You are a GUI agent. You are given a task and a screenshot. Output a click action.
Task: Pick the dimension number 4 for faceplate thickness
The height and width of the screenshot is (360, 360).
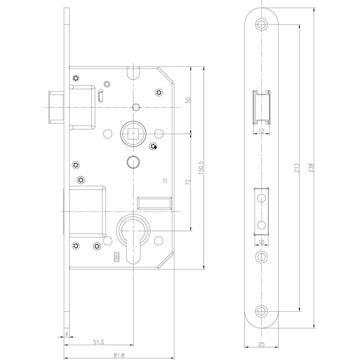(x=67, y=333)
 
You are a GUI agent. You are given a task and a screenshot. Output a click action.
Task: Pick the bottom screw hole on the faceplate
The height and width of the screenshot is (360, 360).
(x=263, y=310)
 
